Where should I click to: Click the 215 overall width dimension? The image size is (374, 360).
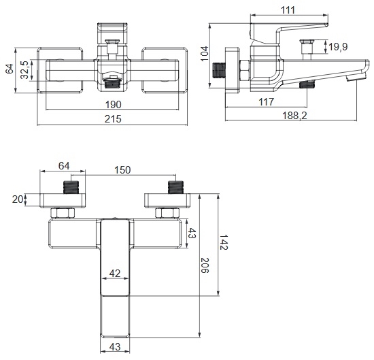(x=113, y=119)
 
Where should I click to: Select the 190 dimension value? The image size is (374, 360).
(x=114, y=105)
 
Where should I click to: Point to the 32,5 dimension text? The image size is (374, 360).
(x=24, y=69)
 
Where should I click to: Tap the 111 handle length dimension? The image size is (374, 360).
(x=288, y=10)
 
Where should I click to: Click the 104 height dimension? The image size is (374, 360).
(x=205, y=54)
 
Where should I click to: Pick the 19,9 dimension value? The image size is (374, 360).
(x=338, y=47)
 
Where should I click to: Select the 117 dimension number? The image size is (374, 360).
(x=266, y=102)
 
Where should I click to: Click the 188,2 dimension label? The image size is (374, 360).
(x=294, y=116)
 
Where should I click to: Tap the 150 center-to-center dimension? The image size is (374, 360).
(x=122, y=170)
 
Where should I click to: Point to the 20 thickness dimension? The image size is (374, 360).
(x=17, y=199)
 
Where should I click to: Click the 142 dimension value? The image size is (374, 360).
(x=224, y=242)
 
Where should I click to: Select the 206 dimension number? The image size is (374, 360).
(x=205, y=265)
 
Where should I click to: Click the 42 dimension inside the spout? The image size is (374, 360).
(x=115, y=274)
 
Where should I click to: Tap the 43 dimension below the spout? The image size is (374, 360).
(x=115, y=347)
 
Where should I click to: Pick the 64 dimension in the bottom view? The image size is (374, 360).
(x=64, y=166)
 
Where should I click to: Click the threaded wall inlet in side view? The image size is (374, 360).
(x=219, y=70)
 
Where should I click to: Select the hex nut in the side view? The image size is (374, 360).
(x=244, y=71)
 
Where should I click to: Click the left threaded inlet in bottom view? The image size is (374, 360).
(x=71, y=187)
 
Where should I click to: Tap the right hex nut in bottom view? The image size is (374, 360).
(x=167, y=213)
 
